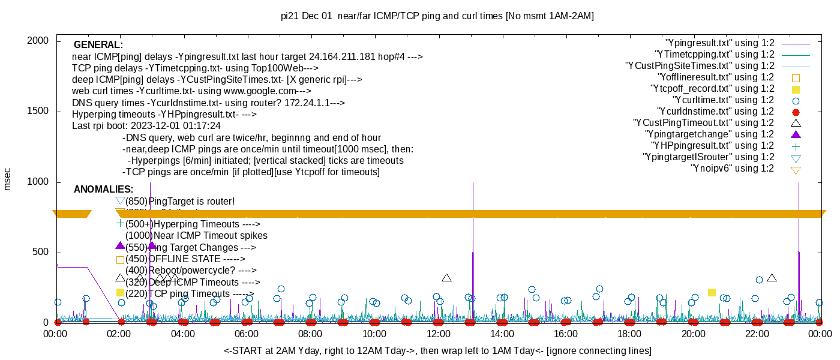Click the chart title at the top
pos(437,16)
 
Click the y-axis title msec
pos(8,179)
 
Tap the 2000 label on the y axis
pos(40,41)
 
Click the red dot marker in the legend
pos(796,112)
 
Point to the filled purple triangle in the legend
pos(796,134)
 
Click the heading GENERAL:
pos(98,45)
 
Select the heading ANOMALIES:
pos(103,190)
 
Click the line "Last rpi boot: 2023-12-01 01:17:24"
pos(146,126)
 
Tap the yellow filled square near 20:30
pos(712,293)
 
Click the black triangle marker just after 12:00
pos(446,278)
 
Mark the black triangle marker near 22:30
pos(772,278)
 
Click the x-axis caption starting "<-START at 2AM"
pos(437,350)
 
